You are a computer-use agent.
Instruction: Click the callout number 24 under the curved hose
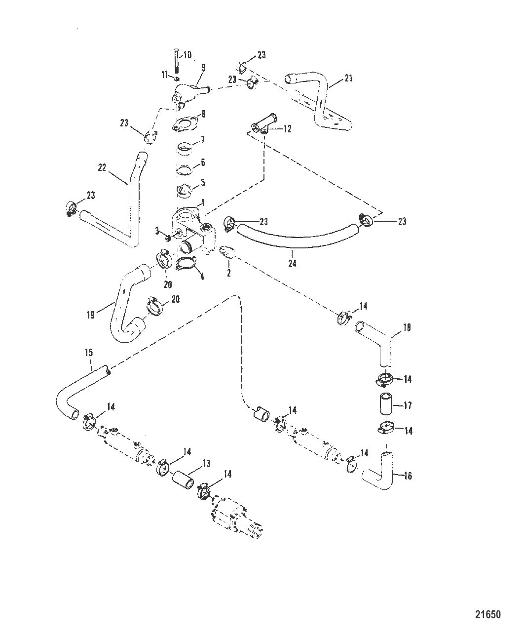(x=292, y=263)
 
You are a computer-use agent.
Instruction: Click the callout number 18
(x=407, y=327)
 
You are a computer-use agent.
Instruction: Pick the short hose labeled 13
(x=183, y=480)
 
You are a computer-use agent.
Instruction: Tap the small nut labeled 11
(x=177, y=79)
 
